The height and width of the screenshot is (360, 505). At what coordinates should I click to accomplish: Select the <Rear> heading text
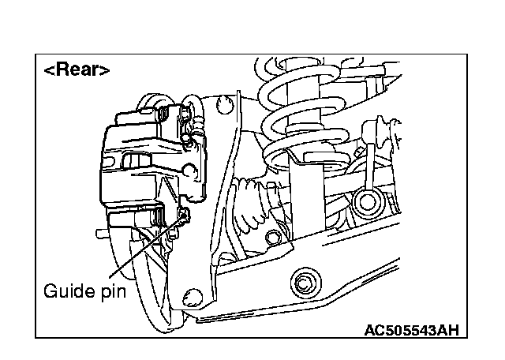pyautogui.click(x=77, y=69)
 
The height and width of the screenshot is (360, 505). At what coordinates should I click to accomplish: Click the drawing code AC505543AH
pyautogui.click(x=411, y=329)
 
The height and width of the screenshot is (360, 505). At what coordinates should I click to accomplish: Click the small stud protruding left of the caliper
pyautogui.click(x=100, y=234)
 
